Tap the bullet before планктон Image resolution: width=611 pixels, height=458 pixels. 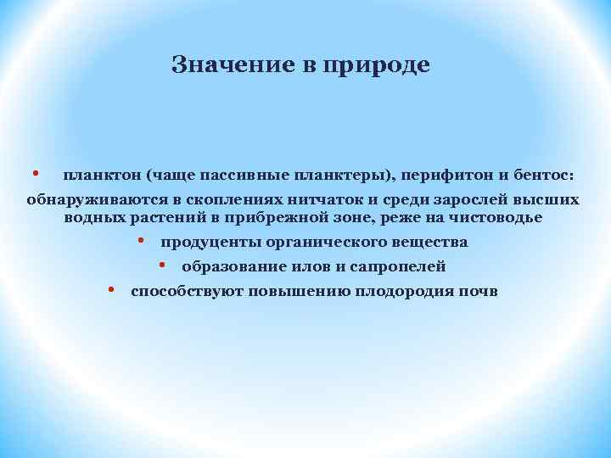36,174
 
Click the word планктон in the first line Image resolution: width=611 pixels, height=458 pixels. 101,176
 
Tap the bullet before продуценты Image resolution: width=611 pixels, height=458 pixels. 142,242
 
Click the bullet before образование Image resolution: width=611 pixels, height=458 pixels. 163,266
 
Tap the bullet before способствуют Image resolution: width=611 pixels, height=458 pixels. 112,290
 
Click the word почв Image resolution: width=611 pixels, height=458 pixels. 481,291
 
